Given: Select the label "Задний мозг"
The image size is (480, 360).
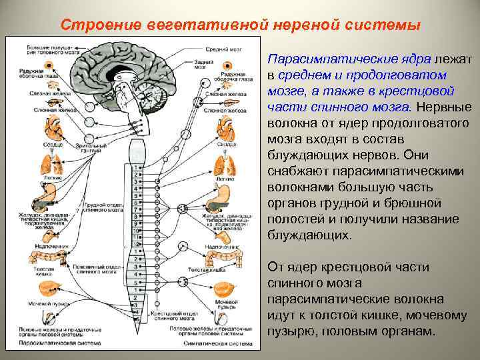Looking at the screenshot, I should [x=199, y=65].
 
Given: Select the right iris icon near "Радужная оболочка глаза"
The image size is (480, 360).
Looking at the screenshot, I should [x=229, y=68].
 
